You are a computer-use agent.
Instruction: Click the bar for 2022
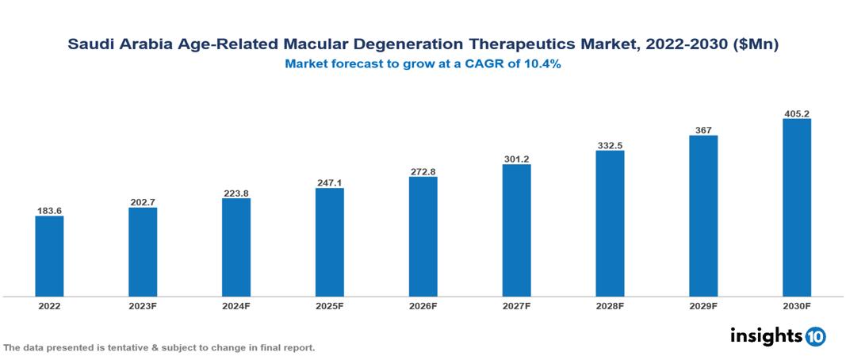(x=49, y=256)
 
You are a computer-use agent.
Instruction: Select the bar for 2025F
(x=329, y=242)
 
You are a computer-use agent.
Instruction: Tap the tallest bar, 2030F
(x=796, y=208)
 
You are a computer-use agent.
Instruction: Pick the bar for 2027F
(x=516, y=230)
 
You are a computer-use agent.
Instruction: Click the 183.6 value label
(x=49, y=210)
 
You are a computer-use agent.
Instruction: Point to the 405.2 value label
(x=796, y=113)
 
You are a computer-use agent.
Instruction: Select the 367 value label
(x=702, y=130)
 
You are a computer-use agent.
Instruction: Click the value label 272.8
(x=423, y=171)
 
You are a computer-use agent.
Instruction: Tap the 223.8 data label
(x=236, y=193)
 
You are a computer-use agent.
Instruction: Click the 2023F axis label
(x=143, y=305)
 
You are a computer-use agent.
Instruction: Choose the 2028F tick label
(x=610, y=305)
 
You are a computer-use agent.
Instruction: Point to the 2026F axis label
(x=423, y=305)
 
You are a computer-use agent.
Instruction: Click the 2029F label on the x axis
(x=702, y=305)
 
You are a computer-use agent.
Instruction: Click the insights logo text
(x=765, y=336)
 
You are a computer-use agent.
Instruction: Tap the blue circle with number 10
(x=815, y=337)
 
